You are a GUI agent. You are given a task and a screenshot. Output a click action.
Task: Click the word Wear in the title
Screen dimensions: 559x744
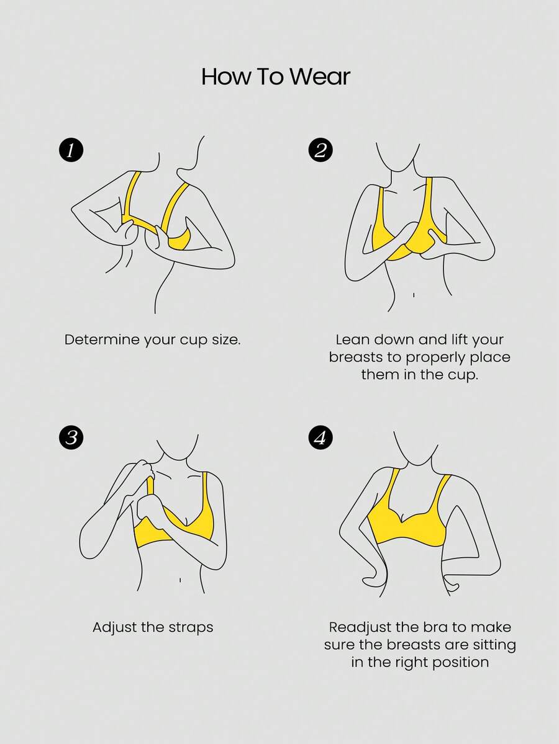320,76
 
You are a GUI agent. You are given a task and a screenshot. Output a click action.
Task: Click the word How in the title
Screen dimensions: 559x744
225,76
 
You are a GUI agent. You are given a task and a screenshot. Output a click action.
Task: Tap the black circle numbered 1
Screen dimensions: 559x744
71,150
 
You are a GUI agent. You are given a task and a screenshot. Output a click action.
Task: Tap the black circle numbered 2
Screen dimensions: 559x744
320,150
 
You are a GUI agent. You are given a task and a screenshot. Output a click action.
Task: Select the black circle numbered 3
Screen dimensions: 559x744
71,436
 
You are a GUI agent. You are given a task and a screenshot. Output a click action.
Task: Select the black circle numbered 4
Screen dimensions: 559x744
320,436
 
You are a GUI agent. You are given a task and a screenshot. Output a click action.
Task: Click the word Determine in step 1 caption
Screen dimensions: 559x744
102,340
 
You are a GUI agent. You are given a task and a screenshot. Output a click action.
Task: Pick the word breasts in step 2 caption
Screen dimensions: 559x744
356,357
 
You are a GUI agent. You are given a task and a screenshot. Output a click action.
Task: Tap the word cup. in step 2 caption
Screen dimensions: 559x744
463,374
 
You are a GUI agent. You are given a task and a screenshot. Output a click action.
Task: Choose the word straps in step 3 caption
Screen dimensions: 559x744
189,628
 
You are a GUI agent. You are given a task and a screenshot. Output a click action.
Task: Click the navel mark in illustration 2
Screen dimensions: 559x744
414,295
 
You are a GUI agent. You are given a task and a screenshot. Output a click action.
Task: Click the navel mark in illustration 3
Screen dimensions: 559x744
180,580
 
